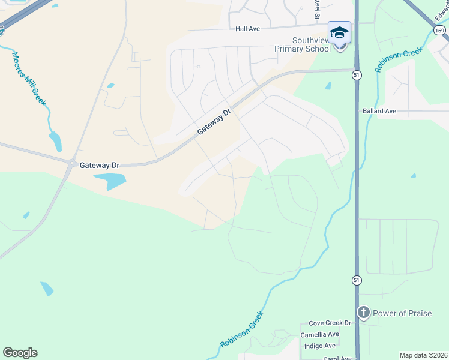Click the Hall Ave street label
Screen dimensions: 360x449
pyautogui.click(x=247, y=28)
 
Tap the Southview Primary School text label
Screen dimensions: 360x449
pyautogui.click(x=303, y=44)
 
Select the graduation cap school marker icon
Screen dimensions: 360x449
pyautogui.click(x=339, y=32)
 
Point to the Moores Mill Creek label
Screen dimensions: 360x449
pyautogui.click(x=28, y=78)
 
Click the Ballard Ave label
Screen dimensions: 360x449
pyautogui.click(x=379, y=111)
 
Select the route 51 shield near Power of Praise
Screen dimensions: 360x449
pyautogui.click(x=357, y=280)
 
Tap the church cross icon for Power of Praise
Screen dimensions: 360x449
pyautogui.click(x=363, y=313)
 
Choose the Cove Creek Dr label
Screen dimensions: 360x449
pyautogui.click(x=328, y=323)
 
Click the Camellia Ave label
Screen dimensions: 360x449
pyautogui.click(x=321, y=334)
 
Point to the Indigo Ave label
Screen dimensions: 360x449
pyautogui.click(x=321, y=346)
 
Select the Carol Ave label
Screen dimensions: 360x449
pyautogui.click(x=337, y=358)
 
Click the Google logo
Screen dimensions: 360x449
pyautogui.click(x=20, y=353)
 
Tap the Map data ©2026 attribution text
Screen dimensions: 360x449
pyautogui.click(x=423, y=355)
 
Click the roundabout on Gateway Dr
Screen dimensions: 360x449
pyautogui.click(x=72, y=163)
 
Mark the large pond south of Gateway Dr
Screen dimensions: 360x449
pyautogui.click(x=116, y=181)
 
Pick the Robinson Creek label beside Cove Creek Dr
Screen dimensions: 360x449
pyautogui.click(x=242, y=329)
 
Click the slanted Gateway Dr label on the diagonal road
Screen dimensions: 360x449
pyautogui.click(x=214, y=122)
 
